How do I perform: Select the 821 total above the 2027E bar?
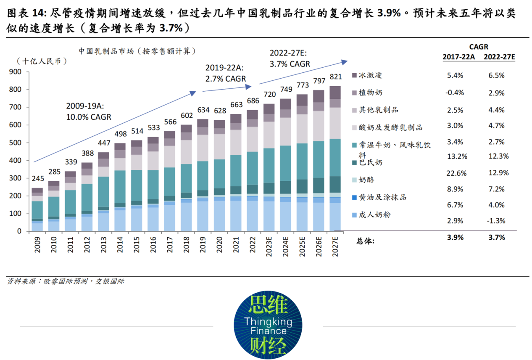(x=336, y=77)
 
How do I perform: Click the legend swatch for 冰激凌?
(x=354, y=75)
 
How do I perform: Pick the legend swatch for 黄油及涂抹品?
(x=354, y=197)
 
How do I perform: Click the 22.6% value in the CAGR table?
(x=455, y=173)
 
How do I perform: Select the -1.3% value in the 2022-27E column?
(x=496, y=221)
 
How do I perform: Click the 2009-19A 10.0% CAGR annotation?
(x=88, y=111)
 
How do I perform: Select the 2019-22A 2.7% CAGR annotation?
(x=226, y=73)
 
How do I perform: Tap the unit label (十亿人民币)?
(x=42, y=61)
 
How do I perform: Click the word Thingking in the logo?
(x=268, y=322)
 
